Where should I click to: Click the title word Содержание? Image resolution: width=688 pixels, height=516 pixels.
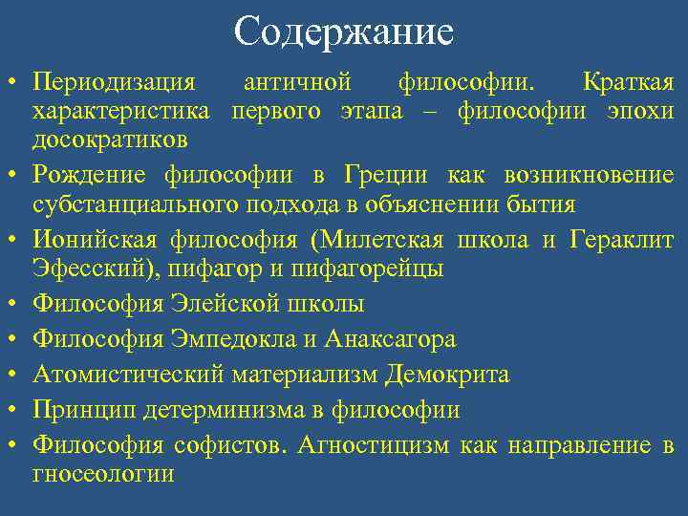click(x=343, y=32)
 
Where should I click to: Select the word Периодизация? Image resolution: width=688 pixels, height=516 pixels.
click(x=114, y=83)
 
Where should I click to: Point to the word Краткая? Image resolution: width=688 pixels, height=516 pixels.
click(x=627, y=83)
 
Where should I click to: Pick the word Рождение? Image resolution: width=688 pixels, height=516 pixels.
click(x=90, y=175)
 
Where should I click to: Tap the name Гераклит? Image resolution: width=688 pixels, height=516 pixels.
click(x=621, y=240)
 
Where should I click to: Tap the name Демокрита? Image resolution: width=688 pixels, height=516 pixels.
click(x=448, y=375)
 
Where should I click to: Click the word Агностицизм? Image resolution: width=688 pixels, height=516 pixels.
click(x=374, y=444)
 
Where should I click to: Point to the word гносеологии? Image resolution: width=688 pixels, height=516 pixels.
click(x=103, y=473)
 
